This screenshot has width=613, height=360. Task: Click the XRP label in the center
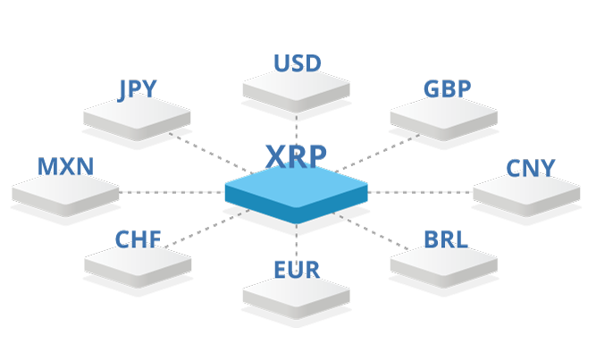coord(296,156)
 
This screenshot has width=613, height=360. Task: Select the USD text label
coord(297,63)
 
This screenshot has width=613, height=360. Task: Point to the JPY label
coord(138,89)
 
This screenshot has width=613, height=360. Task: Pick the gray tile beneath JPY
coord(137,118)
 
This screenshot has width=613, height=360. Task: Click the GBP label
coord(447,88)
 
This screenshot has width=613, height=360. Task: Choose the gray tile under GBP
coord(444,118)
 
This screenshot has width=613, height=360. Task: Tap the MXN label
coord(66,166)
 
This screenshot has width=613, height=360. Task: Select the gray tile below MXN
coord(65,194)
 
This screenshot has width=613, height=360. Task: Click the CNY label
coord(531,169)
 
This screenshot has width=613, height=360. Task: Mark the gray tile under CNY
coord(526,194)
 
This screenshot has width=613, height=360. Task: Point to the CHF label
coord(138,239)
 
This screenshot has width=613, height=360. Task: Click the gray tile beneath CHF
coord(138,266)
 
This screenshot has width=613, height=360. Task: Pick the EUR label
coord(297,270)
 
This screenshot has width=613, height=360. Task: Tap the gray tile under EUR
coord(296,297)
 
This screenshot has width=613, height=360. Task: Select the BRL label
coord(446,239)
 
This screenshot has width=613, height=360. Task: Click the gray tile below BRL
coord(444,266)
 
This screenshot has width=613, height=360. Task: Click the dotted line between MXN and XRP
coord(172,192)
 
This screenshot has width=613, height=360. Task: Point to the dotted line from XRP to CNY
coord(420,192)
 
